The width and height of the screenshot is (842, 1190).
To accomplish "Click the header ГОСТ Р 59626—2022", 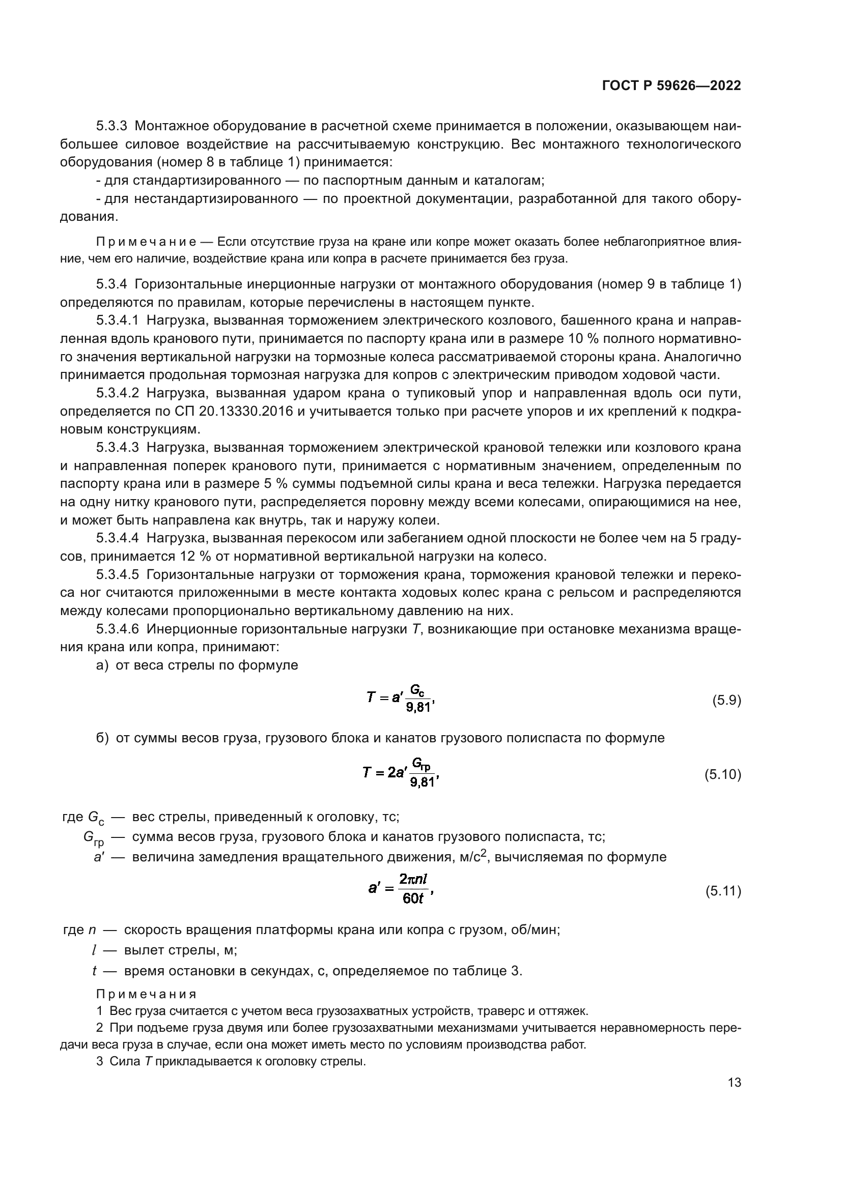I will pos(671,86).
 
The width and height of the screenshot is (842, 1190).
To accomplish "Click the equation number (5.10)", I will pos(723,775).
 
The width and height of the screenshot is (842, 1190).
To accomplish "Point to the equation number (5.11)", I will pos(723,891).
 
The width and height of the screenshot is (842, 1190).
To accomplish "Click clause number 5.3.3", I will pos(111,126).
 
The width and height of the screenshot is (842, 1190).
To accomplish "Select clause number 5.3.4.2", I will pos(118,393).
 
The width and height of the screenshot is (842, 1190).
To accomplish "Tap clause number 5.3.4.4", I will pos(118,538).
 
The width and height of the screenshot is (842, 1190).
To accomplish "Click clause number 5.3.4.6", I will pos(118,629).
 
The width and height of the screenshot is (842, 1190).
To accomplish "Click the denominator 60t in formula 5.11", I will pos(413,898).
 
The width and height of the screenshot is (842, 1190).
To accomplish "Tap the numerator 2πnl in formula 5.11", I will pos(413,879).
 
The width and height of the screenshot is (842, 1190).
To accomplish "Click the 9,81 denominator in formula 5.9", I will pos(418,708).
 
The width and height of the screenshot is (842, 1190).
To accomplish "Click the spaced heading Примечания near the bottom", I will pos(146,994).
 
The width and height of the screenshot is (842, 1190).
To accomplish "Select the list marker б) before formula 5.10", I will pos(102,738).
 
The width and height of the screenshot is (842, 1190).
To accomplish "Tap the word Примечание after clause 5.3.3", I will pos(146,242).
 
